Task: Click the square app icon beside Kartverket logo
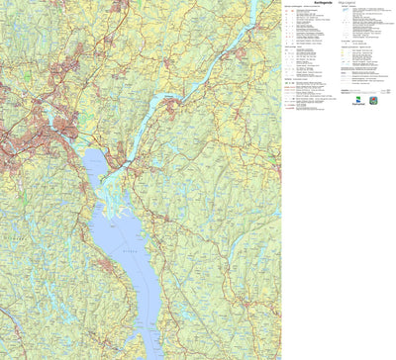click(x=373, y=100)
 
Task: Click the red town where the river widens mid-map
click(x=172, y=100)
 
